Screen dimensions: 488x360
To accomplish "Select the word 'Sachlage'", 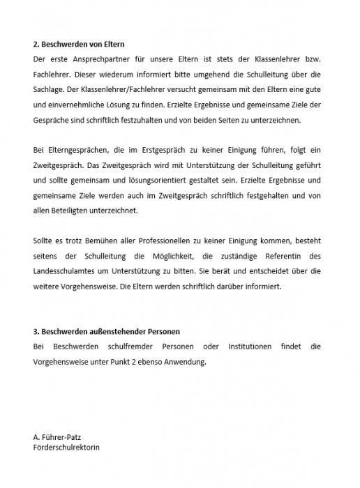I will tap(50, 89).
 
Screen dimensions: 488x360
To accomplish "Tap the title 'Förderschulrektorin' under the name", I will tap(66, 447).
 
